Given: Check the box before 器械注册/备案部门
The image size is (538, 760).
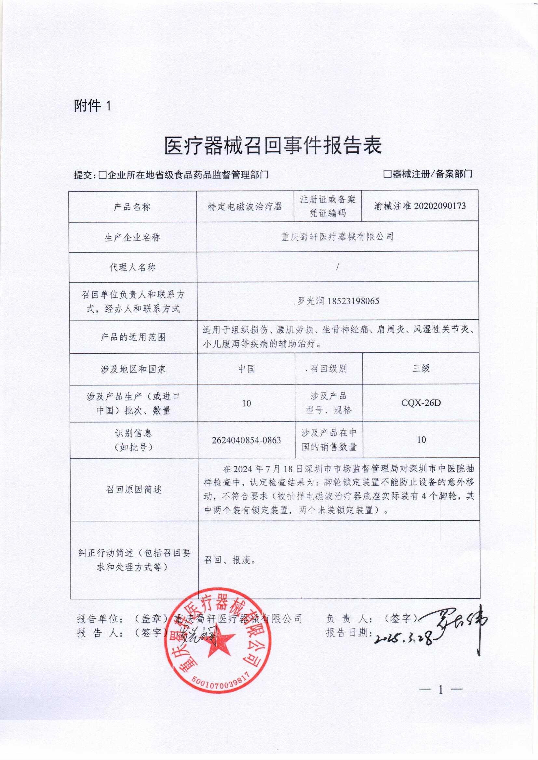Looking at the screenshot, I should coord(387,174).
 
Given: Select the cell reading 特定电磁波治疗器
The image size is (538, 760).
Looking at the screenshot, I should coord(245,207).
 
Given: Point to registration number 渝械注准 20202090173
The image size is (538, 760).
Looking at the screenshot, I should coord(420,206).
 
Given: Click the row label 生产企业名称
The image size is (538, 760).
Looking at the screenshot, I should coord(132,237).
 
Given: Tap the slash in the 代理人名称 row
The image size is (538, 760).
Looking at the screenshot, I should coord(337,268).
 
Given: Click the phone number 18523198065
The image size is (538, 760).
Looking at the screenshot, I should coord(353,301).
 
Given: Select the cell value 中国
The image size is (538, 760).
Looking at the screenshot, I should coord(247,369).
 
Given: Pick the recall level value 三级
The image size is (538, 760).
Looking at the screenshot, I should coord(421,368).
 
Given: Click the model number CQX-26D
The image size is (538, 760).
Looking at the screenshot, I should coord(421,403).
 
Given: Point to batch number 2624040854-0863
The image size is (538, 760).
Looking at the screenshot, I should coord(246,440).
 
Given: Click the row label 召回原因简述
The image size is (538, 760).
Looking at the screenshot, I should coord(133,490).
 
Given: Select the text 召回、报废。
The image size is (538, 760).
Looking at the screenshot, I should coord(230,560).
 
